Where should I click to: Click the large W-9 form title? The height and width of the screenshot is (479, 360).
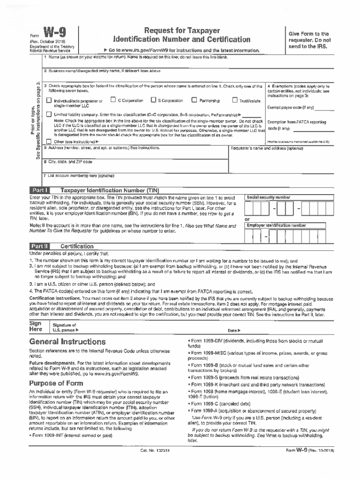[x=55, y=33]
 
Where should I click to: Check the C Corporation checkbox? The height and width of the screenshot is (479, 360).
[x=113, y=100]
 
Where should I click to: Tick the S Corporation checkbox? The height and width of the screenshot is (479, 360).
[x=153, y=100]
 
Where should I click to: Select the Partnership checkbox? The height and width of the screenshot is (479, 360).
[x=194, y=100]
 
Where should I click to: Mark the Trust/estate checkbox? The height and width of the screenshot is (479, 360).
[x=235, y=100]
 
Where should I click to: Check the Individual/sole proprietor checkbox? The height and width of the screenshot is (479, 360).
[x=49, y=101]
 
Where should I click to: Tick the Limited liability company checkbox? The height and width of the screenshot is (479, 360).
[x=49, y=114]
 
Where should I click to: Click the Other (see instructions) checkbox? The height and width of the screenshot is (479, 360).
[x=49, y=141]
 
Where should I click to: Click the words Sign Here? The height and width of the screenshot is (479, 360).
[x=36, y=326]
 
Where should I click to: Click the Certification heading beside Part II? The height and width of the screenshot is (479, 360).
[x=77, y=247]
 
